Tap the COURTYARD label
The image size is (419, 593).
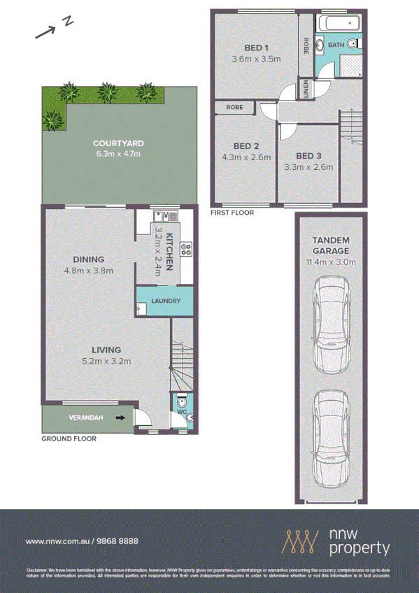(x=118, y=144)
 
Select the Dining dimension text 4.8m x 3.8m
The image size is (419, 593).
(x=89, y=270)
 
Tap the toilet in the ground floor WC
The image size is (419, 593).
(x=182, y=403)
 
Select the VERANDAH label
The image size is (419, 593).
(x=85, y=418)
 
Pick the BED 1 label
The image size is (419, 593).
(x=256, y=48)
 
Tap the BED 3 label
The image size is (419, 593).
(x=308, y=156)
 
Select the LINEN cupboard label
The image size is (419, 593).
(x=306, y=89)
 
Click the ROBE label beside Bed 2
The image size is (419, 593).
(x=234, y=108)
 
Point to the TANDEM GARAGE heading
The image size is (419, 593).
(x=330, y=245)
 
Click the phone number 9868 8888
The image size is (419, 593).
(x=113, y=541)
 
